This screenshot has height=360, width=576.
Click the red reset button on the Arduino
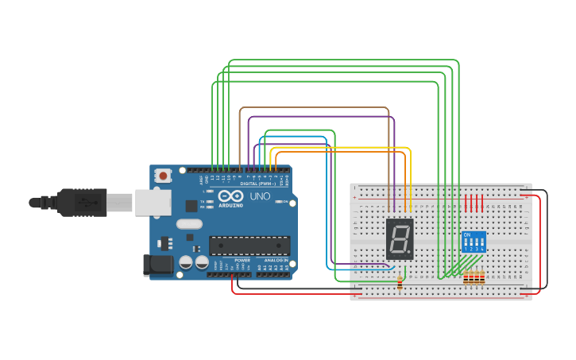(x=163, y=175)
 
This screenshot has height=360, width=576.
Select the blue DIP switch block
(x=474, y=242)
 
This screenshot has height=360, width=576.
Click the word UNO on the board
(x=260, y=196)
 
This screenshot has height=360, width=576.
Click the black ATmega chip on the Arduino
(x=249, y=246)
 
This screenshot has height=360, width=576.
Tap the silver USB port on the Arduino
(x=153, y=203)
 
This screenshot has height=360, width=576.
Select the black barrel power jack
(x=157, y=265)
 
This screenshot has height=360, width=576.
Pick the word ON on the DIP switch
(x=467, y=234)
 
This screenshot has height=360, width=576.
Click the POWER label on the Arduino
(x=242, y=260)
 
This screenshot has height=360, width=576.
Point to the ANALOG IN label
(x=276, y=260)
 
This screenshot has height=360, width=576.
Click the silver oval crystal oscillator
(x=190, y=224)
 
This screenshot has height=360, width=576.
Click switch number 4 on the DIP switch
(x=481, y=243)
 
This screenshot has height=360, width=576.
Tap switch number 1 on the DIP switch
(x=466, y=243)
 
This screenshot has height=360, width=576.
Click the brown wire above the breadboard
(x=318, y=107)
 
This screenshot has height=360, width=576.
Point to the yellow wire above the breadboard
(x=342, y=148)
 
